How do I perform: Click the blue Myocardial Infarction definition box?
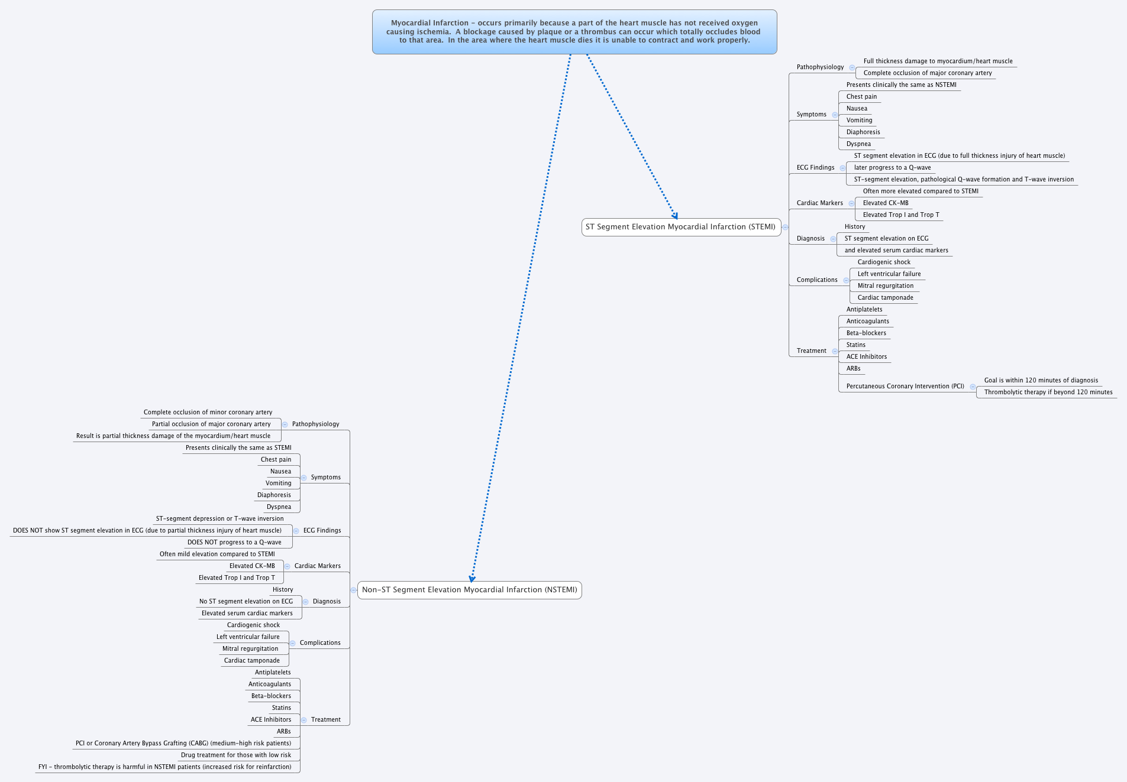(x=574, y=32)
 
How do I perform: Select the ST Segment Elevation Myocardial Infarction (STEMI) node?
(x=680, y=227)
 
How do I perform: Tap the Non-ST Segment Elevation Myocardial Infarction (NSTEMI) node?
(x=469, y=590)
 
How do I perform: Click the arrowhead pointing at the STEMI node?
(x=674, y=216)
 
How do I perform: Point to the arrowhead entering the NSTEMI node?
(x=472, y=579)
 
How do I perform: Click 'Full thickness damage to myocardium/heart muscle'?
(x=938, y=61)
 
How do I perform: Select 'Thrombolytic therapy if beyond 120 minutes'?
(x=1048, y=392)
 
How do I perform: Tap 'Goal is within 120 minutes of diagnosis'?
(x=1041, y=381)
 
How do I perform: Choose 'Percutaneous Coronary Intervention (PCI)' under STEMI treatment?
(x=905, y=387)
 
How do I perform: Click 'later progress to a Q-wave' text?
(x=892, y=168)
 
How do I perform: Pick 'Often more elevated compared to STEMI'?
(x=921, y=192)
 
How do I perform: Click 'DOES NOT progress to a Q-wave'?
(x=234, y=543)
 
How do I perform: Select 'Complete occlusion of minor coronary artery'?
(x=208, y=413)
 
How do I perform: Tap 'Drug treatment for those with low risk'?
(x=235, y=755)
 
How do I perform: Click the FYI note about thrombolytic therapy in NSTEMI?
(x=164, y=767)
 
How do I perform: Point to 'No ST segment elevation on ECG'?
(x=246, y=602)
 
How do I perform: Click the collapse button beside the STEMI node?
(x=786, y=227)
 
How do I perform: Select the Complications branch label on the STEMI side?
(x=816, y=280)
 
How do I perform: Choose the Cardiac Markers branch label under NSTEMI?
(x=317, y=566)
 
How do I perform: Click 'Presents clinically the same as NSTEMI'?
(x=901, y=85)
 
